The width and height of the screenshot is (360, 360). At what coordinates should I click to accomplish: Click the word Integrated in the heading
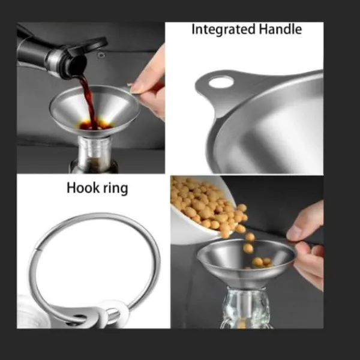coord(223,30)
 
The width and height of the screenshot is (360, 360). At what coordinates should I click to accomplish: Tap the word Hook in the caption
coord(83,188)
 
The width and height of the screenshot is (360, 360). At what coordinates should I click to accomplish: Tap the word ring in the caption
coord(115,189)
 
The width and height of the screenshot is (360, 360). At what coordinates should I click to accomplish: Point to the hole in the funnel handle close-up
coord(221,82)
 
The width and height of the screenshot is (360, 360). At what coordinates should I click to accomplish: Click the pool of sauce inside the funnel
coord(96,125)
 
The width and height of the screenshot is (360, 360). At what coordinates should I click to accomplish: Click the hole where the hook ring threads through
coord(77,318)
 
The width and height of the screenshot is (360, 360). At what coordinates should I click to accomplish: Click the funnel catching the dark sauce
coord(95,110)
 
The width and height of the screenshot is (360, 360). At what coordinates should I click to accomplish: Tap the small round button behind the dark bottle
coord(101,55)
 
